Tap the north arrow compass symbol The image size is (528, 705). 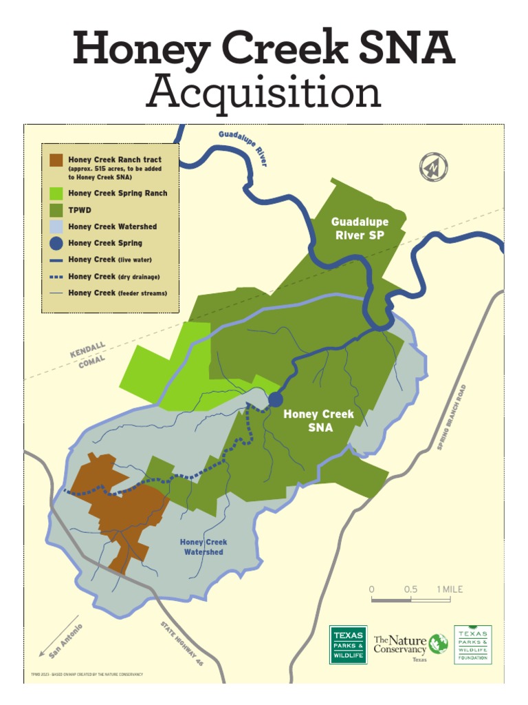434,167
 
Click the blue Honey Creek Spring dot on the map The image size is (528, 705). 275,399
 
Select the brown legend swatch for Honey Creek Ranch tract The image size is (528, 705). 56,160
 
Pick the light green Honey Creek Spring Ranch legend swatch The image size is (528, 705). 56,193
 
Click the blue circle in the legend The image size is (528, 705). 56,243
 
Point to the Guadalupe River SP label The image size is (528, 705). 360,229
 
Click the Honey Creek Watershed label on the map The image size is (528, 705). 203,547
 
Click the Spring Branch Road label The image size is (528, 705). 452,418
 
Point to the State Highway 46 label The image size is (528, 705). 182,644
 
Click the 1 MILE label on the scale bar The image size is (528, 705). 450,589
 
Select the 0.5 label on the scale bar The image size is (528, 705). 410,589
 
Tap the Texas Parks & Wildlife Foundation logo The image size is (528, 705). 473,644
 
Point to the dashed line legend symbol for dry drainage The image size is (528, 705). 56,277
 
